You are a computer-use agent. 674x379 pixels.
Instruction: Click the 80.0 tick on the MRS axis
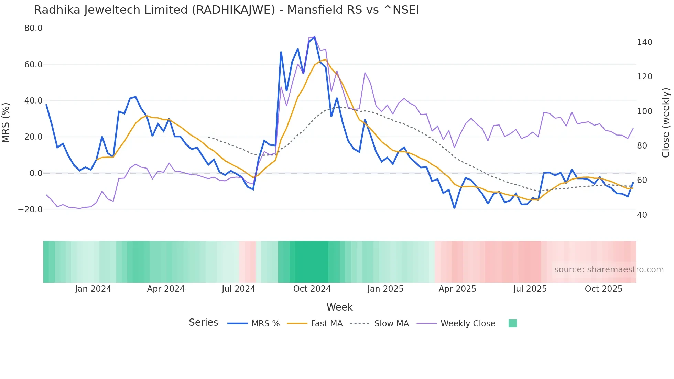pyautogui.click(x=33, y=28)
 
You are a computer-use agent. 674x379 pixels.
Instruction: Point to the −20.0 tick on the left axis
pyautogui.click(x=30, y=209)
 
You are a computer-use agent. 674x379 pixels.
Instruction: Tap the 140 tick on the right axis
pyautogui.click(x=644, y=42)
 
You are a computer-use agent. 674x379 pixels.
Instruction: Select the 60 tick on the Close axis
pyautogui.click(x=642, y=180)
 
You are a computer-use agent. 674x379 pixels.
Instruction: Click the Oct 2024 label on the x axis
pyautogui.click(x=312, y=289)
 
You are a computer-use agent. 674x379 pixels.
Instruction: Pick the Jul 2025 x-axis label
pyautogui.click(x=530, y=289)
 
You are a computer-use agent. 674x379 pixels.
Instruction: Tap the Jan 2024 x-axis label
pyautogui.click(x=93, y=289)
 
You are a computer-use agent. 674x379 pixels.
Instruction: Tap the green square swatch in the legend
pyautogui.click(x=512, y=323)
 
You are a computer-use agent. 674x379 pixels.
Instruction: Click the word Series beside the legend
pyautogui.click(x=203, y=323)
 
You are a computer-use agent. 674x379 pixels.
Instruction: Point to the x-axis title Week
pyautogui.click(x=339, y=307)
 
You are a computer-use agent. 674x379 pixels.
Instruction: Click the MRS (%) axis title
pyautogui.click(x=6, y=123)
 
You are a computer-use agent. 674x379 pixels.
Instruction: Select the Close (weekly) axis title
pyautogui.click(x=666, y=123)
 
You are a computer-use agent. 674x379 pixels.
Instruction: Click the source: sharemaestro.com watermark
pyautogui.click(x=609, y=270)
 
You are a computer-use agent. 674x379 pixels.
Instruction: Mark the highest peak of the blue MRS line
pyautogui.click(x=314, y=37)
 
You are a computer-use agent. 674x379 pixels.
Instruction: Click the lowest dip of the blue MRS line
pyautogui.click(x=454, y=208)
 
